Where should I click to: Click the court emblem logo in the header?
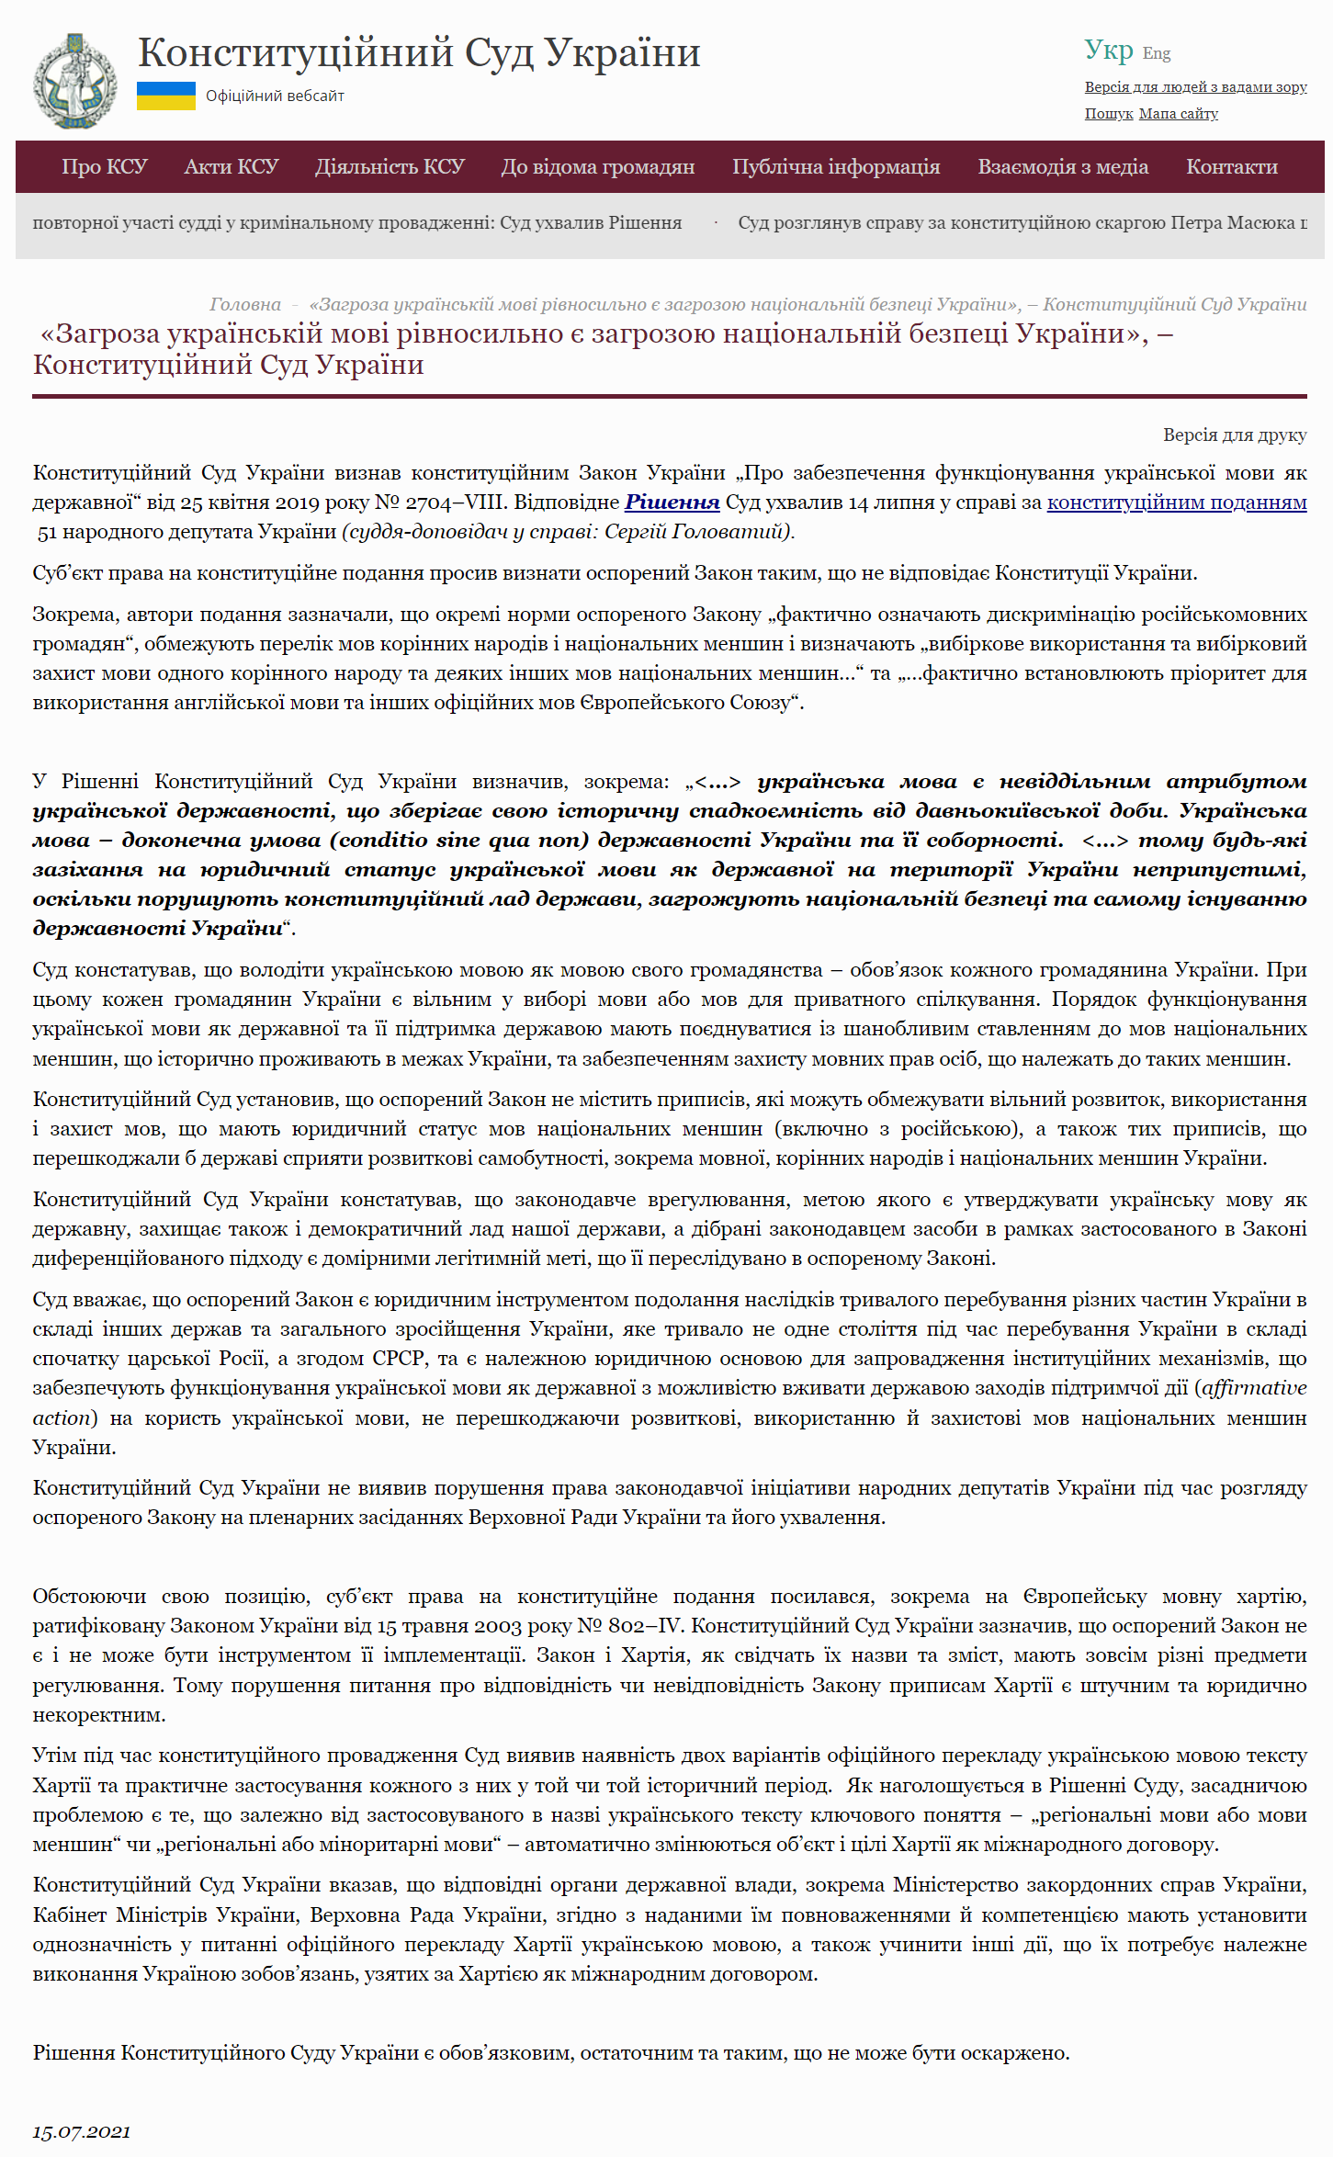point(74,80)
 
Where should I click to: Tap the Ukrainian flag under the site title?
point(165,96)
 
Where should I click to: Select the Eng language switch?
point(1156,53)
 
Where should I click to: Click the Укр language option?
point(1108,50)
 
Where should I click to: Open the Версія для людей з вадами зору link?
point(1195,87)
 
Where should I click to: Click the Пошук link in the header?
point(1108,114)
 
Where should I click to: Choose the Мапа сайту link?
point(1178,114)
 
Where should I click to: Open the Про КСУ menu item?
point(104,166)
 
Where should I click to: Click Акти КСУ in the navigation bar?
point(231,166)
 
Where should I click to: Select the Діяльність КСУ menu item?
point(390,166)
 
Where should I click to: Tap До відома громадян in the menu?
point(597,166)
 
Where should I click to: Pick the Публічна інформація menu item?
point(835,166)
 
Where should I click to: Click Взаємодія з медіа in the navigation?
point(1062,166)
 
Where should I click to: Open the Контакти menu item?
point(1231,166)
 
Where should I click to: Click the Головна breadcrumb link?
point(244,304)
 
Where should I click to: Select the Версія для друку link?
point(1234,435)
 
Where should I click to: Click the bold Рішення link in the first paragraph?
point(672,503)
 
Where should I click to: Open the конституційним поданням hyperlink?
point(1176,503)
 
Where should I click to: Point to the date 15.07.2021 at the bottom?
point(81,2131)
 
